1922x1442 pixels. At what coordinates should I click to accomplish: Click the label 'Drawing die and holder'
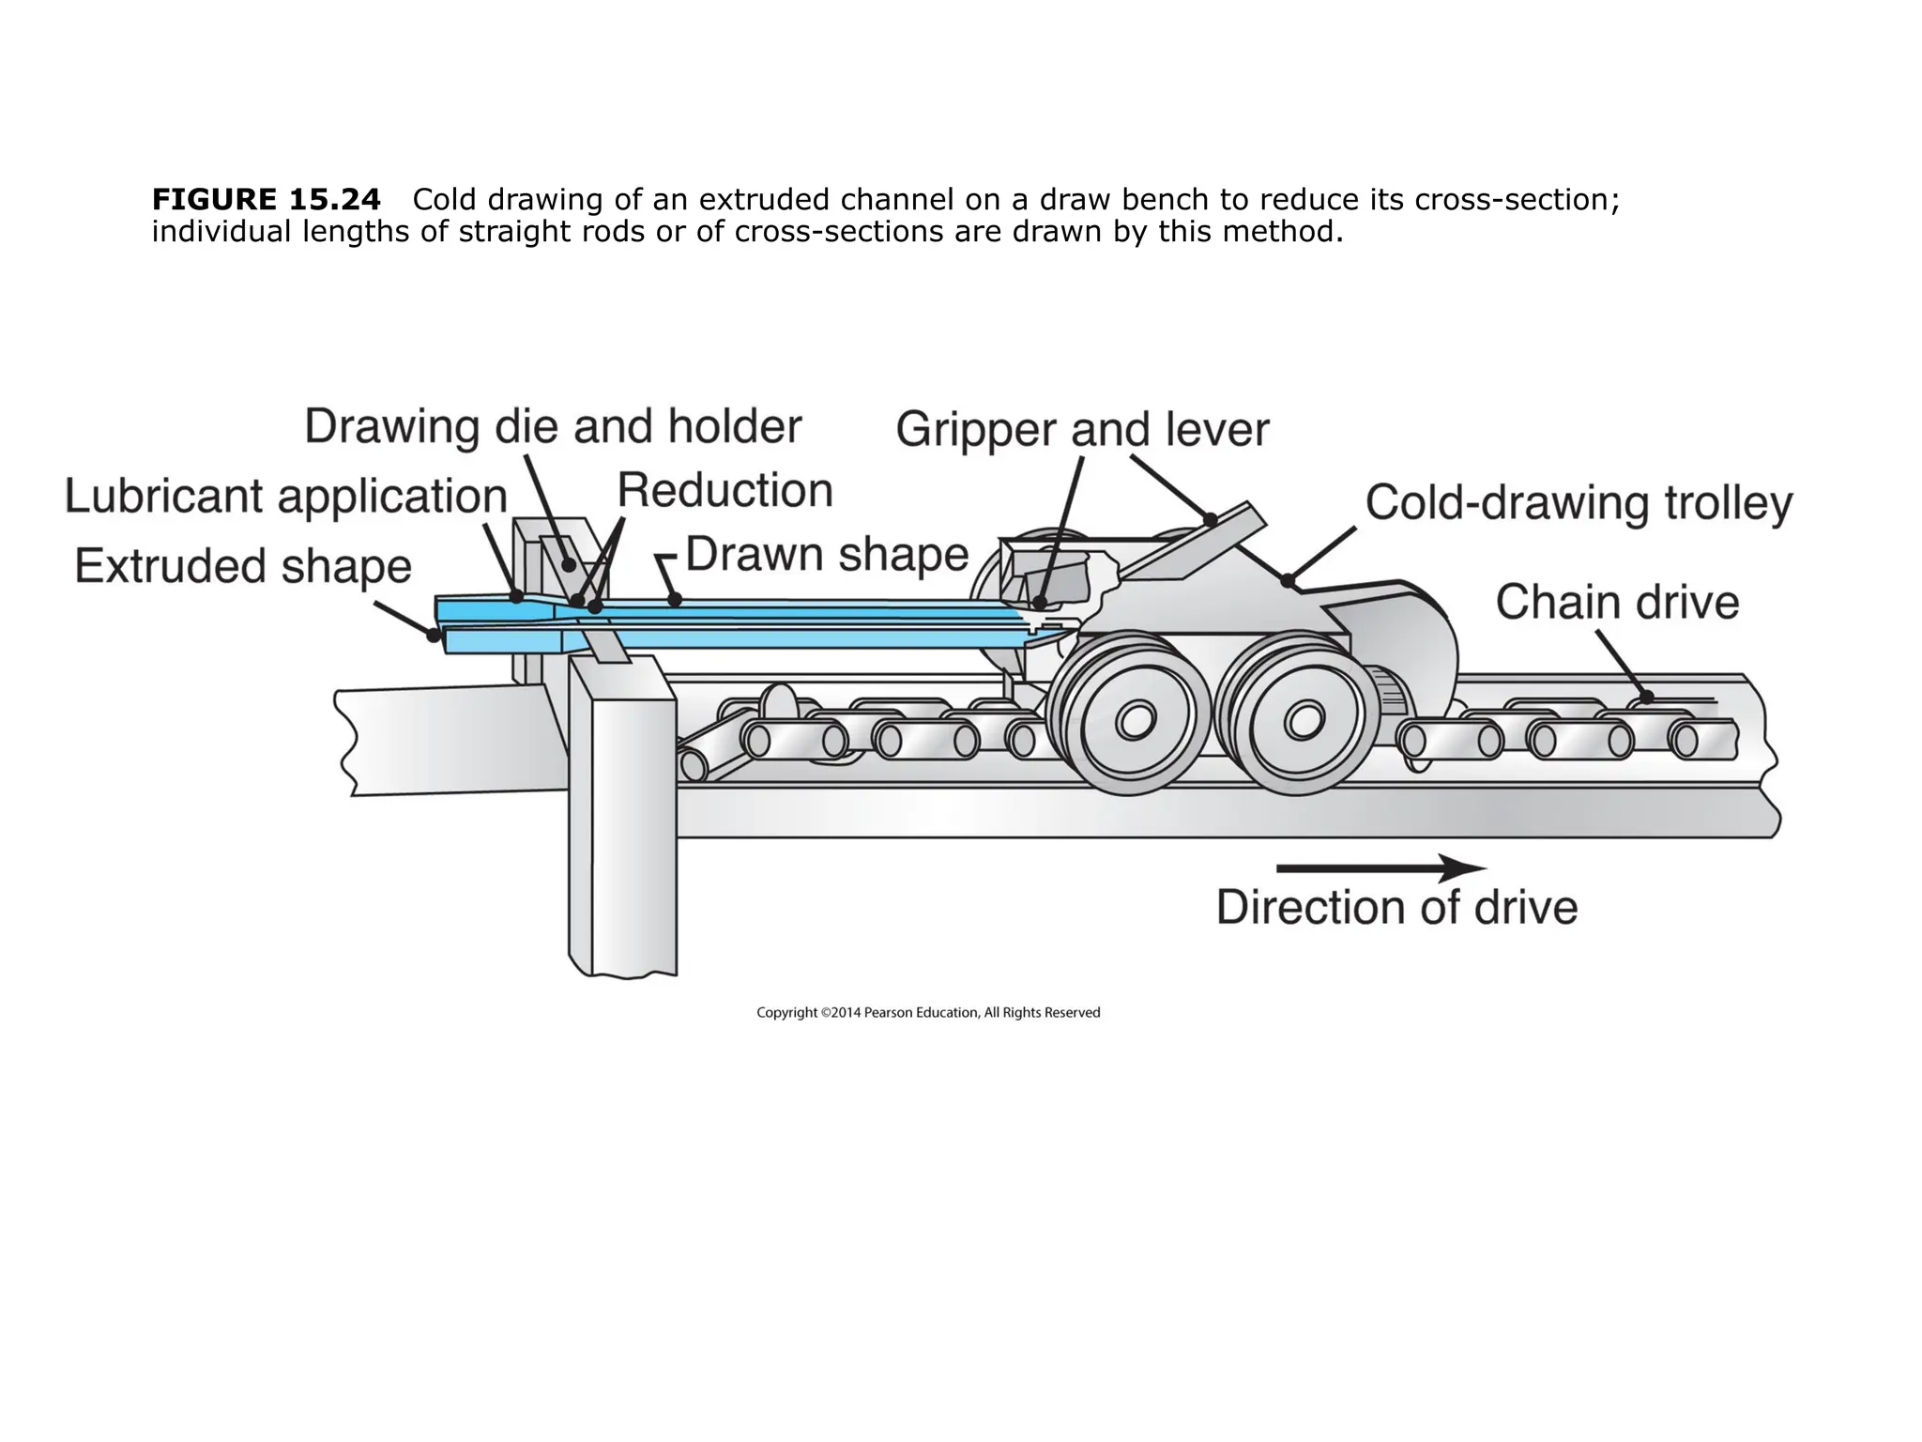click(x=553, y=427)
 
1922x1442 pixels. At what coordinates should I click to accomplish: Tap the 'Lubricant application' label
click(x=285, y=497)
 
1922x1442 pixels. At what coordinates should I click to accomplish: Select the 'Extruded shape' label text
click(x=243, y=566)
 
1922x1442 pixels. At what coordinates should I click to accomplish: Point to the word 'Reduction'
click(x=725, y=491)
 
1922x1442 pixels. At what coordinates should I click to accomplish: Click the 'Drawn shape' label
click(x=827, y=554)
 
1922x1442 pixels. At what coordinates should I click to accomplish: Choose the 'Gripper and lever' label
click(x=1082, y=430)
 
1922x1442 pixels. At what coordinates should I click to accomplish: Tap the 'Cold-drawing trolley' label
click(x=1579, y=503)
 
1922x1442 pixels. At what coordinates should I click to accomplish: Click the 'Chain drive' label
click(x=1617, y=602)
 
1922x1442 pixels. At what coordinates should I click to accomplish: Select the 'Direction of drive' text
click(x=1396, y=908)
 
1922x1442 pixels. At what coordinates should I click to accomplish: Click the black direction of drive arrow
click(x=1380, y=868)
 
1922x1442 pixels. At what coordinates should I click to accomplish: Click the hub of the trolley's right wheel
click(x=1302, y=721)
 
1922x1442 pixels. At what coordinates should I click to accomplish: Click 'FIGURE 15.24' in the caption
click(x=267, y=200)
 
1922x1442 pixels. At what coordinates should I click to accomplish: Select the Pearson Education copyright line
click(x=928, y=1013)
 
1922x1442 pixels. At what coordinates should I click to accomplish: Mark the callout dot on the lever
click(x=1211, y=519)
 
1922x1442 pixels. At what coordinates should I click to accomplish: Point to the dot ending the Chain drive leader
click(x=1646, y=698)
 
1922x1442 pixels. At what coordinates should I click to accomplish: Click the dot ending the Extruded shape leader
click(x=434, y=636)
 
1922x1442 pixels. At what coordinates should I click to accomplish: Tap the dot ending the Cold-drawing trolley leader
click(x=1289, y=581)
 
